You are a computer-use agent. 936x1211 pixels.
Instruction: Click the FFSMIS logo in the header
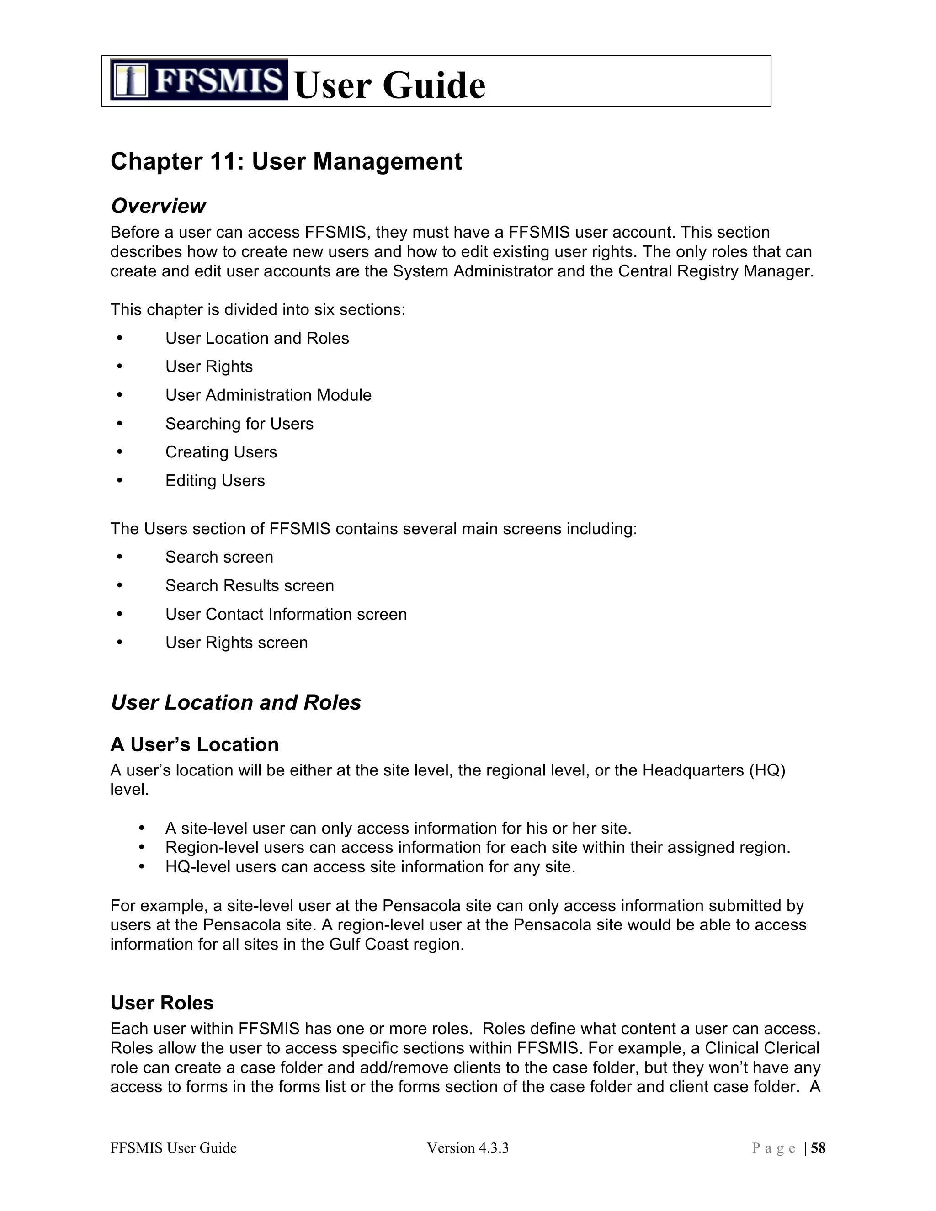[x=198, y=80]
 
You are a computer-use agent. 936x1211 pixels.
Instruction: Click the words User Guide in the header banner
[x=389, y=85]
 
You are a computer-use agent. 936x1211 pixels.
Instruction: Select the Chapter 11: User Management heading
[x=286, y=161]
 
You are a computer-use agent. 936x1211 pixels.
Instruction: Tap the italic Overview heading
[x=158, y=206]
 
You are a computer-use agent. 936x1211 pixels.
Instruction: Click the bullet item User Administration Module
[x=268, y=395]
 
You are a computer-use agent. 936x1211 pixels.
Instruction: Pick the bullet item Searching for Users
[x=239, y=424]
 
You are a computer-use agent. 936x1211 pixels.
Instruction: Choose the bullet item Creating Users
[x=221, y=452]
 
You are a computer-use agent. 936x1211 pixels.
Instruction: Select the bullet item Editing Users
[x=215, y=480]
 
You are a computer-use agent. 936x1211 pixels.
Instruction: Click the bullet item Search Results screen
[x=250, y=585]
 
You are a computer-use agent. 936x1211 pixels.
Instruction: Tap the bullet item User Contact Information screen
[x=286, y=614]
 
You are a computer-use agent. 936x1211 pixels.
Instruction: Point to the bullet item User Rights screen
[x=236, y=642]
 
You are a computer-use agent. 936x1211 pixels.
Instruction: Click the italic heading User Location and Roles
[x=236, y=702]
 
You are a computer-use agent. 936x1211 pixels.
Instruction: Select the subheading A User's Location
[x=194, y=744]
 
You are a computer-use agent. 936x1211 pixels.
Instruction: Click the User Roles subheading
[x=162, y=1003]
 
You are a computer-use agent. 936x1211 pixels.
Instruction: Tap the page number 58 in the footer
[x=818, y=1148]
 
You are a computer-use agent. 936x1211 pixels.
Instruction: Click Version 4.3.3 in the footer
[x=468, y=1148]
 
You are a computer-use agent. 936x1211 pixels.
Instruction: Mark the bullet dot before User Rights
[x=120, y=366]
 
